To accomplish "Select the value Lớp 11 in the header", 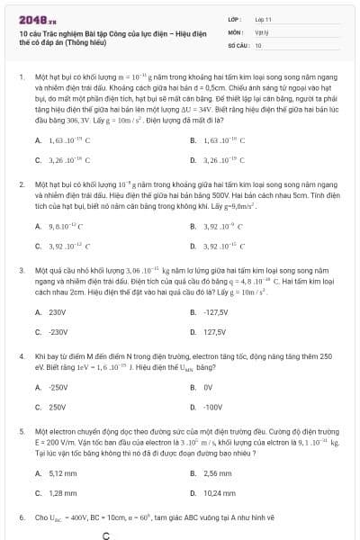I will click(263, 18).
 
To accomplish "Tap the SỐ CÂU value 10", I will click(258, 42).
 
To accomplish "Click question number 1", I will click(21, 78).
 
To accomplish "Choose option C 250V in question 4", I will click(57, 407).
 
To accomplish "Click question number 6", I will click(21, 518).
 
